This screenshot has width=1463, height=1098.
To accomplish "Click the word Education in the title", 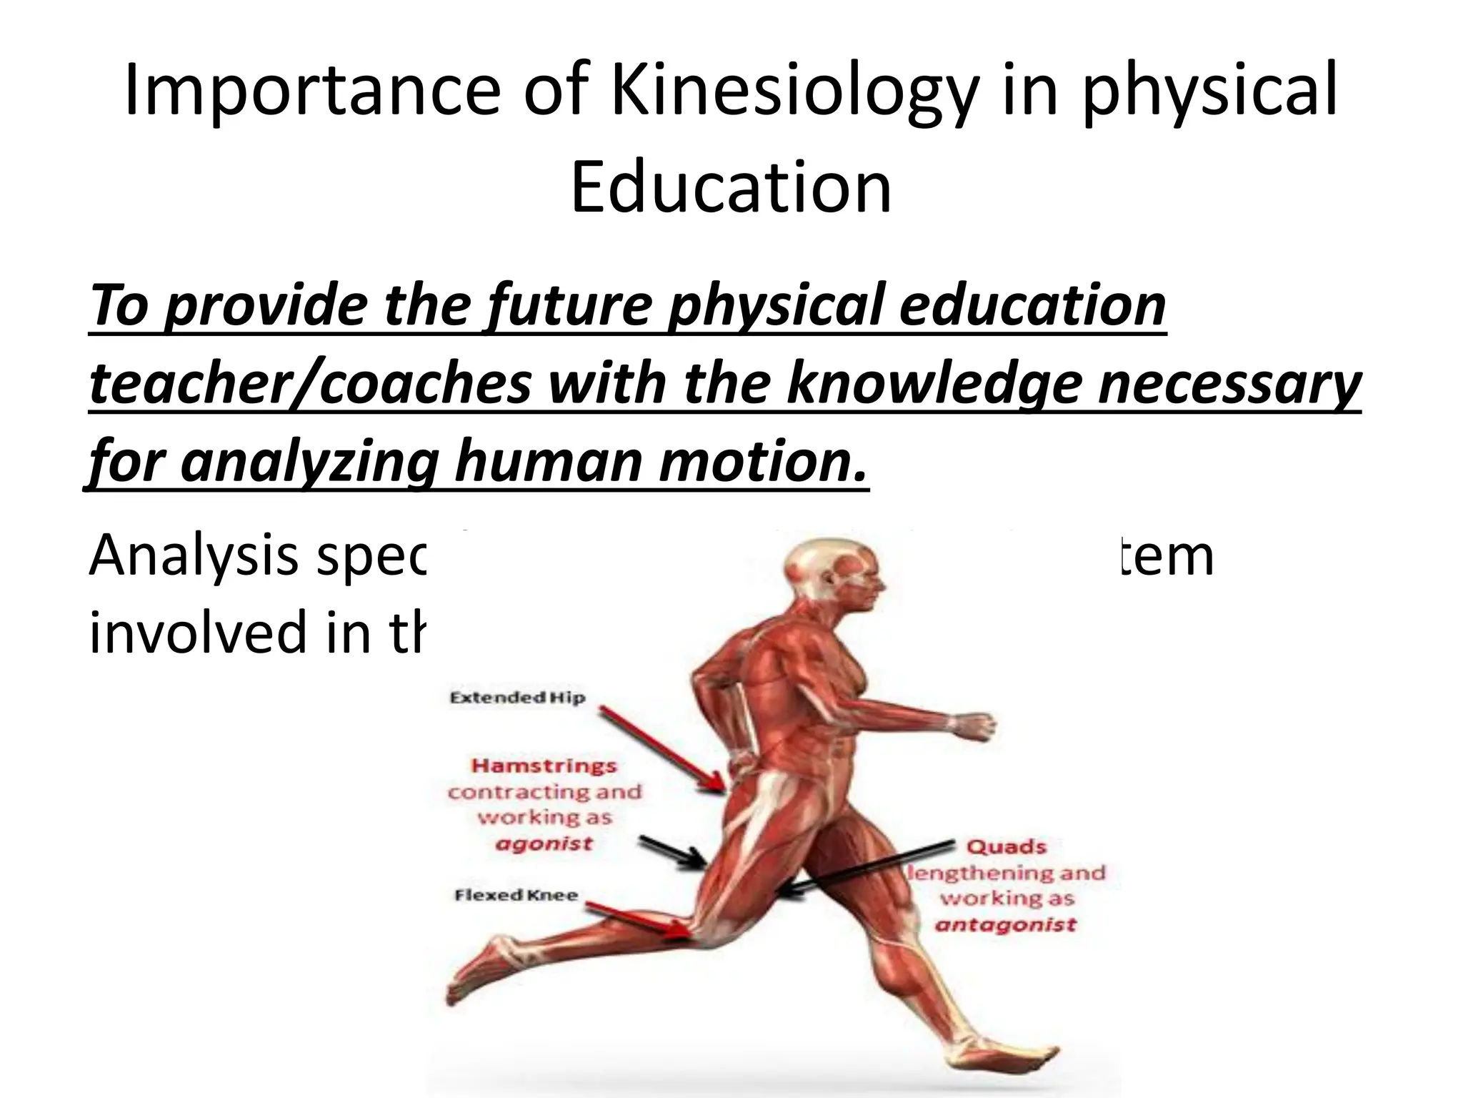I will tap(731, 187).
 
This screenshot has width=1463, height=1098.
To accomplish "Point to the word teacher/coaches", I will tap(311, 384).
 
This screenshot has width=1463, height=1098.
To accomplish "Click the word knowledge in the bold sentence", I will tap(937, 384).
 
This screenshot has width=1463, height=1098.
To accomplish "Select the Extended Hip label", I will tap(517, 698).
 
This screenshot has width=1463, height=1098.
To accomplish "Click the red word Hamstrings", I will tap(544, 766).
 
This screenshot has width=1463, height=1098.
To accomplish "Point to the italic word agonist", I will tap(544, 844).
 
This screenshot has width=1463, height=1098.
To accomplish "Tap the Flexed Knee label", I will tap(516, 895).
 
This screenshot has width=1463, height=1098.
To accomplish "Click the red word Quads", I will tap(1007, 847).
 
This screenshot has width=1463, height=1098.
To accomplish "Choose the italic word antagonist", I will tap(1006, 925).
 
